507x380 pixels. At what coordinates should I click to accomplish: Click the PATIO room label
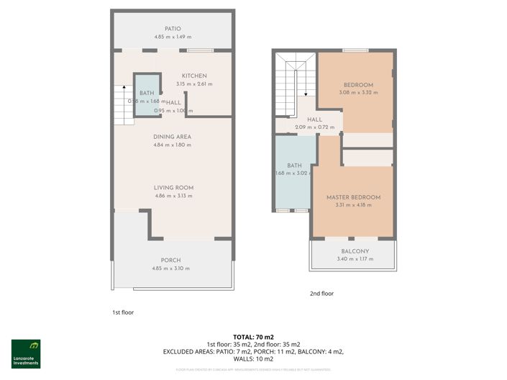click(x=172, y=28)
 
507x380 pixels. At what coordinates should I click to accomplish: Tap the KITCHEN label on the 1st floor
click(x=194, y=76)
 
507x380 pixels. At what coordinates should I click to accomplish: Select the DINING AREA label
click(x=172, y=137)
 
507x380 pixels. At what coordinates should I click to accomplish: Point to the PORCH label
click(x=171, y=260)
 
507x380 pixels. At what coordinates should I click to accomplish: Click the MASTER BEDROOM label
click(x=353, y=197)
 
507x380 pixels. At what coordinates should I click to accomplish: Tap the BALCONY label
click(x=355, y=251)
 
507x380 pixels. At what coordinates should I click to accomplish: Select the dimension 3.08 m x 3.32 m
click(x=358, y=92)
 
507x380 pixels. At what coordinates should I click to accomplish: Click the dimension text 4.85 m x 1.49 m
click(x=172, y=37)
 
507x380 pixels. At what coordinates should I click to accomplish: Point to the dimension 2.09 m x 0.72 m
click(x=314, y=127)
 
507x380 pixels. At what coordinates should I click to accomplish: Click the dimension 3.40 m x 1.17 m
click(x=355, y=259)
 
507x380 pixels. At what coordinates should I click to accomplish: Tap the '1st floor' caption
click(x=123, y=312)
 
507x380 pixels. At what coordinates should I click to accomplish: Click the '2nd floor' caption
click(x=321, y=293)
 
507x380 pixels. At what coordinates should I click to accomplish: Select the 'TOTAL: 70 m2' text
click(x=254, y=337)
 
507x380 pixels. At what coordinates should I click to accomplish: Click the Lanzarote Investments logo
click(x=26, y=353)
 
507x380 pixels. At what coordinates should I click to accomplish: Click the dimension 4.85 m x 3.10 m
click(x=171, y=268)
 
